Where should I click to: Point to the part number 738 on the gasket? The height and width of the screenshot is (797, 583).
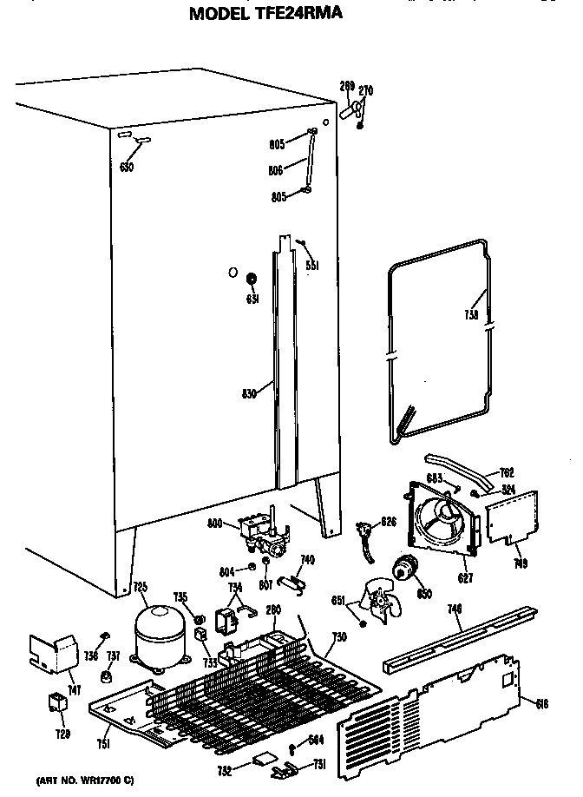click(x=471, y=317)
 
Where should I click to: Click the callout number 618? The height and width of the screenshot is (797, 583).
click(x=542, y=704)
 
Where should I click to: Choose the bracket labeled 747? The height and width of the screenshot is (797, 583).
click(x=50, y=651)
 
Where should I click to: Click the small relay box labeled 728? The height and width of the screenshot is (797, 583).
click(x=57, y=706)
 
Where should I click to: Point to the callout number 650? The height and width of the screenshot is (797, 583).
click(x=126, y=168)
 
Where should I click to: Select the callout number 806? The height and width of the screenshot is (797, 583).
click(x=277, y=170)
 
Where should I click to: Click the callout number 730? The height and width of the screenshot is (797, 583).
click(x=339, y=637)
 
